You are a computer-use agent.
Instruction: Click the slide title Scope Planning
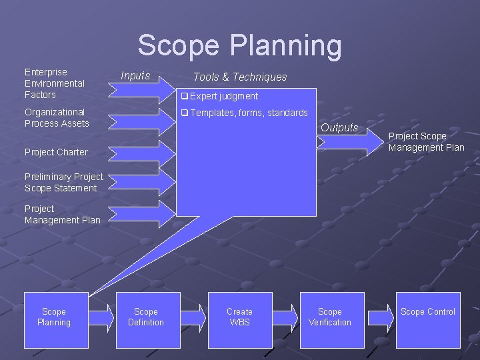[239, 46]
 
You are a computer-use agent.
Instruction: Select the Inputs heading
[135, 75]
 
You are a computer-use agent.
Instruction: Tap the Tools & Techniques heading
[239, 77]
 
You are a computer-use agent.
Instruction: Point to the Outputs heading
[339, 127]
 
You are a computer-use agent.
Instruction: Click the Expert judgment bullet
[220, 96]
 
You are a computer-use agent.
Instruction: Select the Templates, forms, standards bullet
[245, 113]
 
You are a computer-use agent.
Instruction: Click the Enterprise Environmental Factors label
[55, 83]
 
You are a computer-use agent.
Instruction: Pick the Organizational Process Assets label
[57, 117]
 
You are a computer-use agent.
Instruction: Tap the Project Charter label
[56, 152]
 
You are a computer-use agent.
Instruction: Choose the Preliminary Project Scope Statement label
[63, 182]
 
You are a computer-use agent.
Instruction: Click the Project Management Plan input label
[62, 214]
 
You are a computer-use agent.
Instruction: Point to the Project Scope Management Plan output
[426, 141]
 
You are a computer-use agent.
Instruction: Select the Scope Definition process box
[147, 319]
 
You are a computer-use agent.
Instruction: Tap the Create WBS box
[239, 319]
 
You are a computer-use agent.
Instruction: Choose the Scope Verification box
[331, 319]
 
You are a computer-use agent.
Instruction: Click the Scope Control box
[427, 319]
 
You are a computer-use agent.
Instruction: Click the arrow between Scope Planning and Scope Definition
[102, 317]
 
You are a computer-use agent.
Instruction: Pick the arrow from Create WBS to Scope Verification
[286, 317]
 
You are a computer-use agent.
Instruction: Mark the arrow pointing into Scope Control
[381, 317]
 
